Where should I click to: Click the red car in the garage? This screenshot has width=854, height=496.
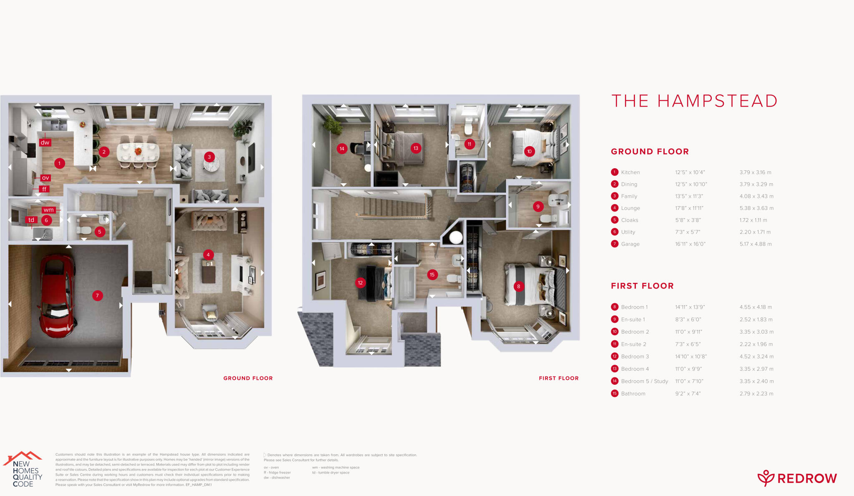57,296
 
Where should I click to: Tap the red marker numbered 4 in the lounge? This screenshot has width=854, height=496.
208,255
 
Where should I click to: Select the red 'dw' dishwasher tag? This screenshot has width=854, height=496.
45,142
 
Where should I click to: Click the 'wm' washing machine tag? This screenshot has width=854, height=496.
49,210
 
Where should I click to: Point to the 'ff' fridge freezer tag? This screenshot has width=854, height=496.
44,189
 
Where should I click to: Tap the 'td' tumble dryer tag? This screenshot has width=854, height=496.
31,220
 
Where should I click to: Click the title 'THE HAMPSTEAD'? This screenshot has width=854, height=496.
694,101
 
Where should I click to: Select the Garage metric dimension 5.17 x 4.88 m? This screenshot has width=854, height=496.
756,244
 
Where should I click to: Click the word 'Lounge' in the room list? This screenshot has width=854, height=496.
630,208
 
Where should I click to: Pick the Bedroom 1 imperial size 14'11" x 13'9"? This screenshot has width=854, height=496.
690,307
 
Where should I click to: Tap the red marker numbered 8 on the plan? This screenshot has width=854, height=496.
519,287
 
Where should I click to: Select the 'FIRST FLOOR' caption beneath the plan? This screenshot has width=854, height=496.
558,378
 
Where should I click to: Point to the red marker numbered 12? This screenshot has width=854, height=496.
360,283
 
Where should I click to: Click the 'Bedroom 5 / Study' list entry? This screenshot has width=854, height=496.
644,381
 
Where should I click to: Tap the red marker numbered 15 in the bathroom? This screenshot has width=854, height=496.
432,275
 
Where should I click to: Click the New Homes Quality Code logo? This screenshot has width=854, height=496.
23,469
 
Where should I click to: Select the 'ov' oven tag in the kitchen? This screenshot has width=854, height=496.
45,178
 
